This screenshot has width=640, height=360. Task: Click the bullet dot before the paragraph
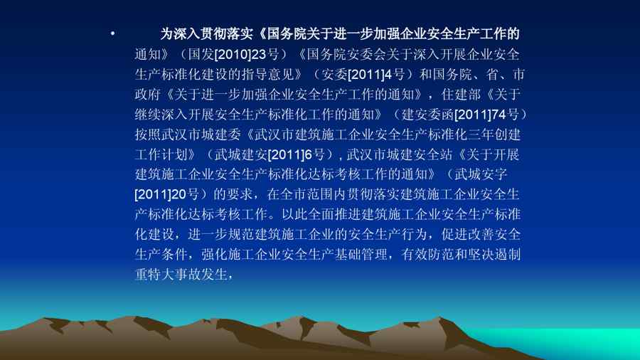point(112,34)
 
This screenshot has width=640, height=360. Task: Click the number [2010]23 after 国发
point(240,54)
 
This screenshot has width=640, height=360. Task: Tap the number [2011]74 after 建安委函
point(480,115)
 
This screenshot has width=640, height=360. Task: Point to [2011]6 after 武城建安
point(289,154)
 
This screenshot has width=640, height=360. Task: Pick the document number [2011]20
point(161,194)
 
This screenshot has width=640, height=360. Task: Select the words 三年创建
point(494,134)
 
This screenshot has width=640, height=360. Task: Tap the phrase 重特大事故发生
point(181,275)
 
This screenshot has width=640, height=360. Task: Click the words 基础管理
point(361,254)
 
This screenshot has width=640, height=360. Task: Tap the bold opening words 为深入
point(180,34)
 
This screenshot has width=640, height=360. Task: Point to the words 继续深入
point(161,115)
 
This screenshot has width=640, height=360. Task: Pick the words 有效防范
point(427,254)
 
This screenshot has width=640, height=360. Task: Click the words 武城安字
point(481,174)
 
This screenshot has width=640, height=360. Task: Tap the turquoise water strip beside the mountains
point(572,341)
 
